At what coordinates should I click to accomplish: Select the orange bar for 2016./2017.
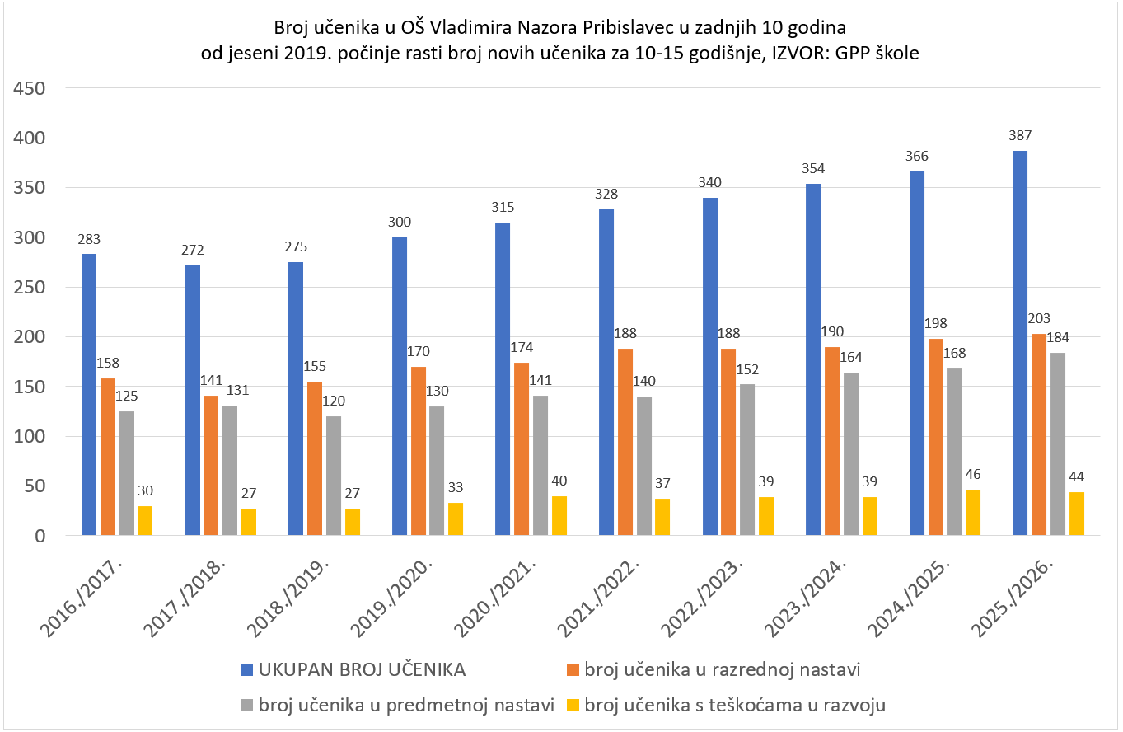108,457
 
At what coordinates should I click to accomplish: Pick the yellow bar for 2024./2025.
973,513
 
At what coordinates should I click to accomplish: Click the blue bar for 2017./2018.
193,401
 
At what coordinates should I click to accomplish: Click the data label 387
1020,136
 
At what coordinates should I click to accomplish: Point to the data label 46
973,475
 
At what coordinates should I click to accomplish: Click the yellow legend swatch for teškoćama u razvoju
574,705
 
